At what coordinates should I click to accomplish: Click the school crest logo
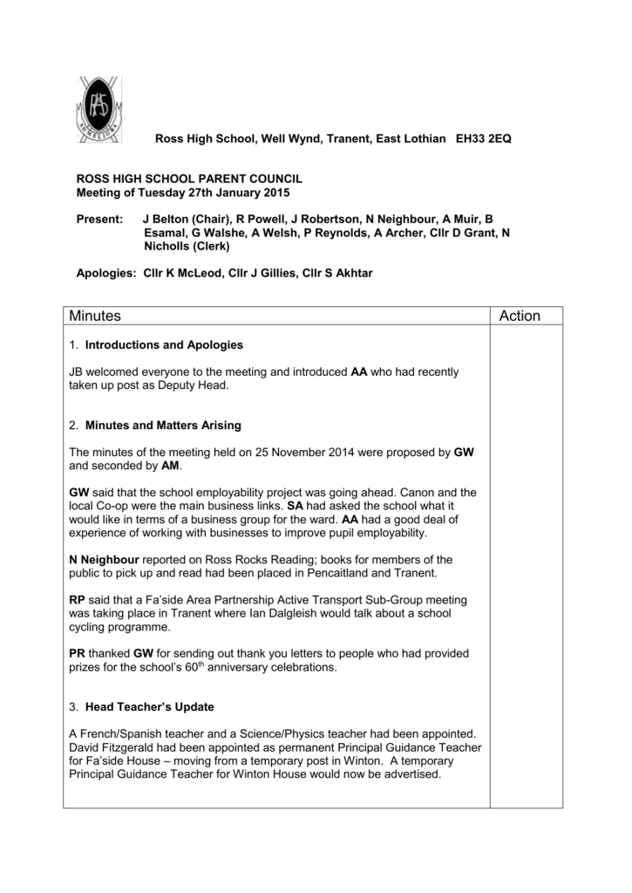point(97,110)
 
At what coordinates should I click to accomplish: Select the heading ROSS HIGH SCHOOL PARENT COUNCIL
point(190,178)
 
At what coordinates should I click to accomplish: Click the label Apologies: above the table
point(105,273)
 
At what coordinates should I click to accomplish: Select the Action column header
point(520,316)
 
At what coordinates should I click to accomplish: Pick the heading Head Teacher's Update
point(149,706)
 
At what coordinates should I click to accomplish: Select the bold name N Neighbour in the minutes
point(104,559)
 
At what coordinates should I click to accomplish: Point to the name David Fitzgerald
point(112,747)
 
